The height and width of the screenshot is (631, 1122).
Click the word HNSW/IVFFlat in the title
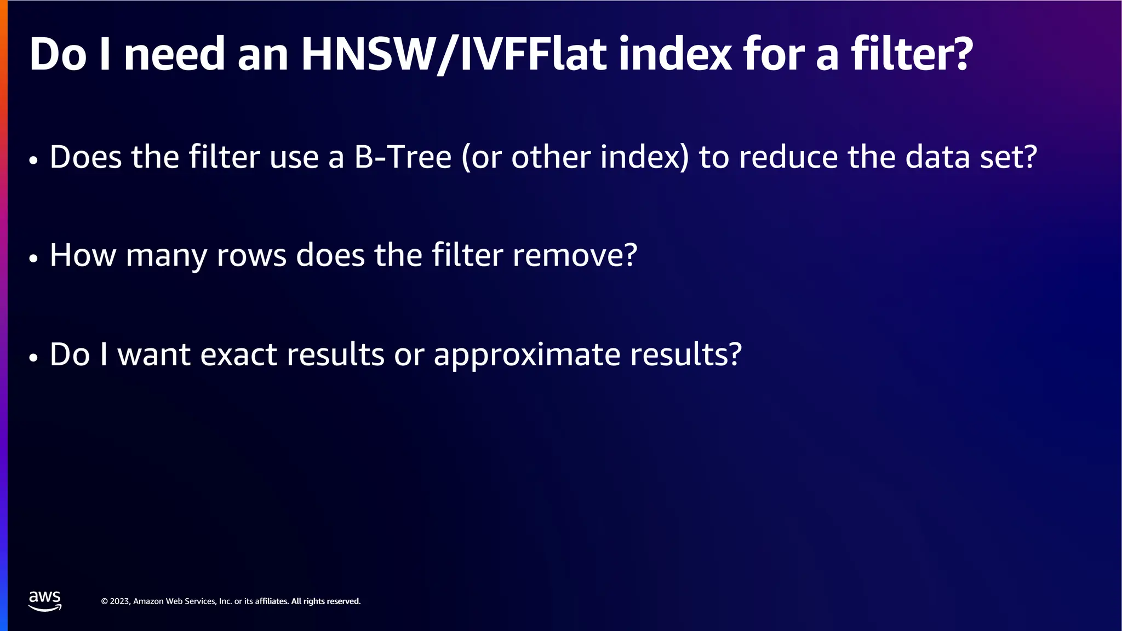[454, 55]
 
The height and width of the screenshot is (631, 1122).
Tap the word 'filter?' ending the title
[912, 55]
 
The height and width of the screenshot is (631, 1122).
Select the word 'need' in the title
[174, 55]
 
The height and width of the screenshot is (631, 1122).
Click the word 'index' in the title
[675, 55]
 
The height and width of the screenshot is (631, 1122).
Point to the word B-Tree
[403, 157]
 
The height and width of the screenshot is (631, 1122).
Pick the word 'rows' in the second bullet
[251, 255]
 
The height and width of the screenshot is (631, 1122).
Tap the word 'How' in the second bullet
[83, 255]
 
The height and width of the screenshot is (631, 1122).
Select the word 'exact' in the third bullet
[238, 354]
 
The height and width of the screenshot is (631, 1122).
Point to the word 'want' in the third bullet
[154, 354]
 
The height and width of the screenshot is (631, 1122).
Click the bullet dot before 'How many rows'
[34, 258]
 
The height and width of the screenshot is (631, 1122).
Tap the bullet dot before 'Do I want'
[34, 357]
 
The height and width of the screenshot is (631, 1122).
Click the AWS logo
[45, 601]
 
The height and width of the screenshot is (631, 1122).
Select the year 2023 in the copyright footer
[120, 601]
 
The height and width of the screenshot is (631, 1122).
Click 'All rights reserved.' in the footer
[326, 601]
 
